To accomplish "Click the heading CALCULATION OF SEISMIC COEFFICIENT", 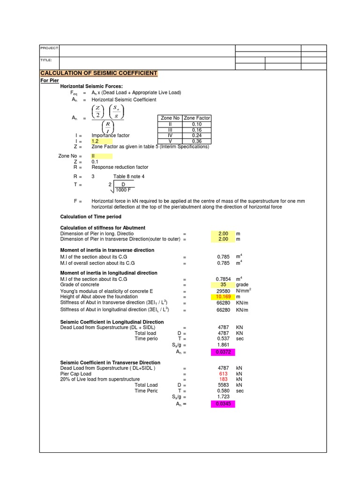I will coord(99,74).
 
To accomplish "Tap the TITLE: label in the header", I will coord(46,60).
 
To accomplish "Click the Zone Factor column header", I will coord(197,118).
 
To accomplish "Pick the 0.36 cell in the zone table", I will coord(197,141).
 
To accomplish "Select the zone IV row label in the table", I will coord(170,135).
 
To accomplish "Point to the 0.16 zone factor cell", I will coord(197,130).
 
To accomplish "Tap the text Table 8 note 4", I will coord(129,176).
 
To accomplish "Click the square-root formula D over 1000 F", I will coord(122,187).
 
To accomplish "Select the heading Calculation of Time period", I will coord(91,217).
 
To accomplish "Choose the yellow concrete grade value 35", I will coord(223,285).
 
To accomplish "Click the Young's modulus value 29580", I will coord(223,291).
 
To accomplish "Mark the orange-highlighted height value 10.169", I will coord(223,297).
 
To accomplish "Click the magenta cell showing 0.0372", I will coord(223,352).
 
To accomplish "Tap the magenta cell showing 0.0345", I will coord(223,404).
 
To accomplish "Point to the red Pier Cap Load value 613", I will coord(223,374).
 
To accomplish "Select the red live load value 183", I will coord(223,379).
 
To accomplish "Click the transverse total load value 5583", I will coord(223,385).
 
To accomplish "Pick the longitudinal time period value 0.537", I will coord(223,338).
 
